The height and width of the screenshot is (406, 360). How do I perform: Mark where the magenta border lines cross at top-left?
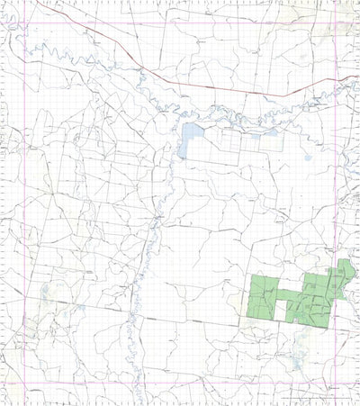point(24,23)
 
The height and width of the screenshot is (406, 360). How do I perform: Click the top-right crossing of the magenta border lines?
point(335,23)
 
